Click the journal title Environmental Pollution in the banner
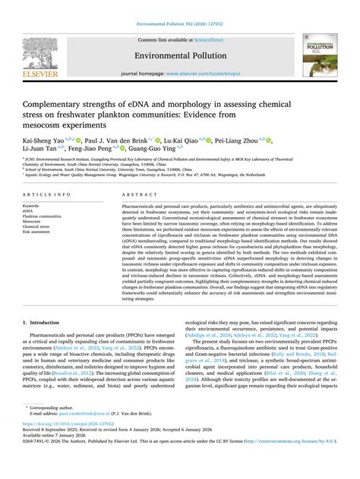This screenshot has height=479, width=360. point(179,55)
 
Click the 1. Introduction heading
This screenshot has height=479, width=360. point(44,322)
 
